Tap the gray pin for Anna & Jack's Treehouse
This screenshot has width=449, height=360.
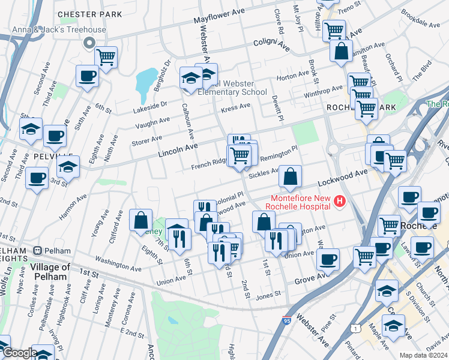point(89,42)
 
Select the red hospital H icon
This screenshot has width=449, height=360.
point(340,201)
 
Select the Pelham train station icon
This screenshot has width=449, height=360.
point(37,250)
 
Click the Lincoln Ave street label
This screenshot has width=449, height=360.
point(178,150)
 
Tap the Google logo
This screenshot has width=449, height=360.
point(19,353)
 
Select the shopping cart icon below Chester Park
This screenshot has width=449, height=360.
point(106,58)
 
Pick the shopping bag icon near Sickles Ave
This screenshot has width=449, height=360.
point(290,176)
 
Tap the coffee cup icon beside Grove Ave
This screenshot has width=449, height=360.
point(328,259)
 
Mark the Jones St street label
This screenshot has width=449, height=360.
point(268,294)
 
